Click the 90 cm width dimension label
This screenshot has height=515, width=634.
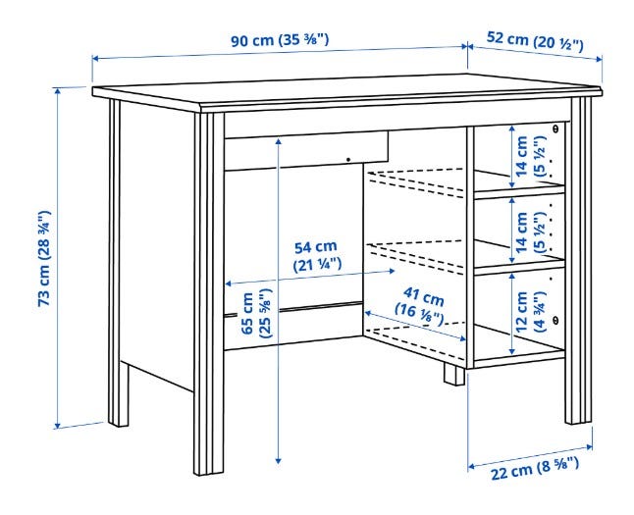click(280, 40)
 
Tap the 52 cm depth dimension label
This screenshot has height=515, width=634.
click(535, 40)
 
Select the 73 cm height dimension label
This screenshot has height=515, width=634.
click(44, 258)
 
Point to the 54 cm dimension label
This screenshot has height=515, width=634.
click(317, 255)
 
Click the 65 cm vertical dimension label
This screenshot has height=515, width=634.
click(257, 313)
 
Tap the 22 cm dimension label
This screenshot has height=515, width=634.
click(535, 469)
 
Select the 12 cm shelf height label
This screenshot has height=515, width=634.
click(530, 311)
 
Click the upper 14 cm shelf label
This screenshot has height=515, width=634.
click(530, 156)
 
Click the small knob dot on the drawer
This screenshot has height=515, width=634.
click(348, 160)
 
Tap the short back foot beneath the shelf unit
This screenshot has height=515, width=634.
click(453, 375)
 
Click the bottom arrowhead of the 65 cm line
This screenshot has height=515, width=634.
click(278, 460)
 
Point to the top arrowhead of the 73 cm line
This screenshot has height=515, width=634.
click(58, 91)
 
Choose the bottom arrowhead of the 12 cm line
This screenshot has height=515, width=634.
click(512, 351)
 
